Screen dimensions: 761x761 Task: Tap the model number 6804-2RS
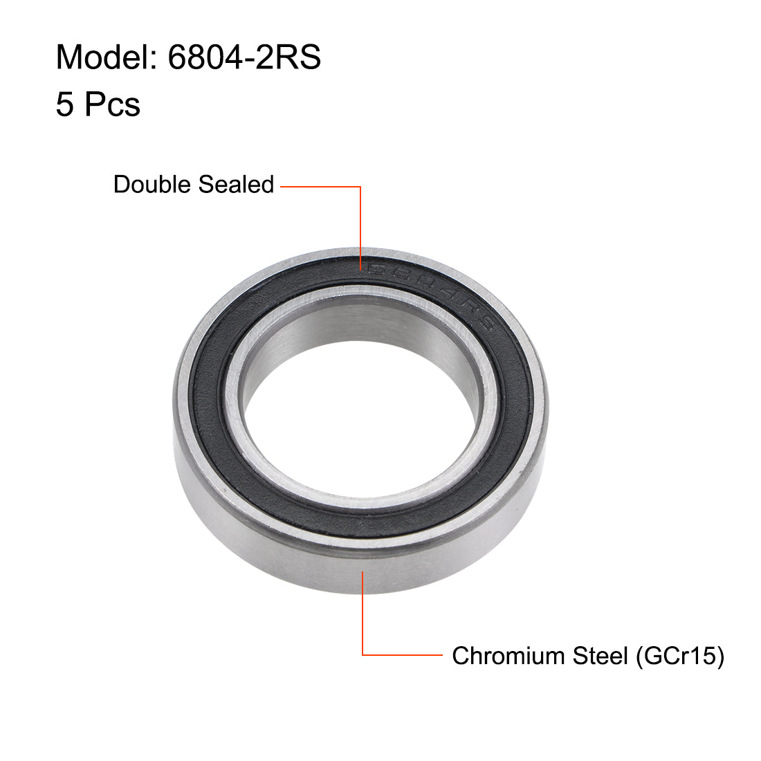pyautogui.click(x=244, y=57)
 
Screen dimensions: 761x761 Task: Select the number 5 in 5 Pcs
pyautogui.click(x=64, y=105)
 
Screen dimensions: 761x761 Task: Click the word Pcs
pyautogui.click(x=112, y=105)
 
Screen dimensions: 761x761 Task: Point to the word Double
pyautogui.click(x=153, y=185)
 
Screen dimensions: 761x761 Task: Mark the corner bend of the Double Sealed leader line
pyautogui.click(x=360, y=186)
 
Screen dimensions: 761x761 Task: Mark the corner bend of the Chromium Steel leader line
pyautogui.click(x=363, y=654)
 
